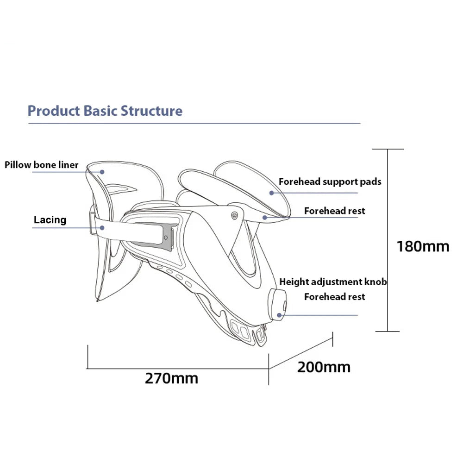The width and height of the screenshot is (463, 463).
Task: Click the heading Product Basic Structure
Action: pos(105,111)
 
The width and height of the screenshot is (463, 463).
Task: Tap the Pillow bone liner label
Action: pos(42,165)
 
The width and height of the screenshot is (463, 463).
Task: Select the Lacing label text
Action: pos(50,220)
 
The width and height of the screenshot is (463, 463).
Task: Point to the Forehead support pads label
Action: pos(330,181)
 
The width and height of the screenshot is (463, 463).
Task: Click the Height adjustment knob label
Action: pos(333,282)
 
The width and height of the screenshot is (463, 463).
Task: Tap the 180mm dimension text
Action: pos(422,246)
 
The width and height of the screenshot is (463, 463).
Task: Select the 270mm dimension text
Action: pos(171,378)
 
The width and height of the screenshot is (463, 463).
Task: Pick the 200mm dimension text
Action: pos(324,367)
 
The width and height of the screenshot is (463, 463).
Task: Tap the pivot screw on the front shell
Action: pos(234,215)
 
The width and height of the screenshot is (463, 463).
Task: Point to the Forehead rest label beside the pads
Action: pos(334,211)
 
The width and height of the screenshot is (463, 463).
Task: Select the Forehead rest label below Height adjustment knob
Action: pos(334,296)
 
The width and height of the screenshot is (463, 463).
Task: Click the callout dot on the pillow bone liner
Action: pos(103,171)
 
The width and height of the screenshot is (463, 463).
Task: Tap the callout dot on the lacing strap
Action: pos(103,227)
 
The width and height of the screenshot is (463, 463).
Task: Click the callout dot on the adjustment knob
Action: pos(279,315)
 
